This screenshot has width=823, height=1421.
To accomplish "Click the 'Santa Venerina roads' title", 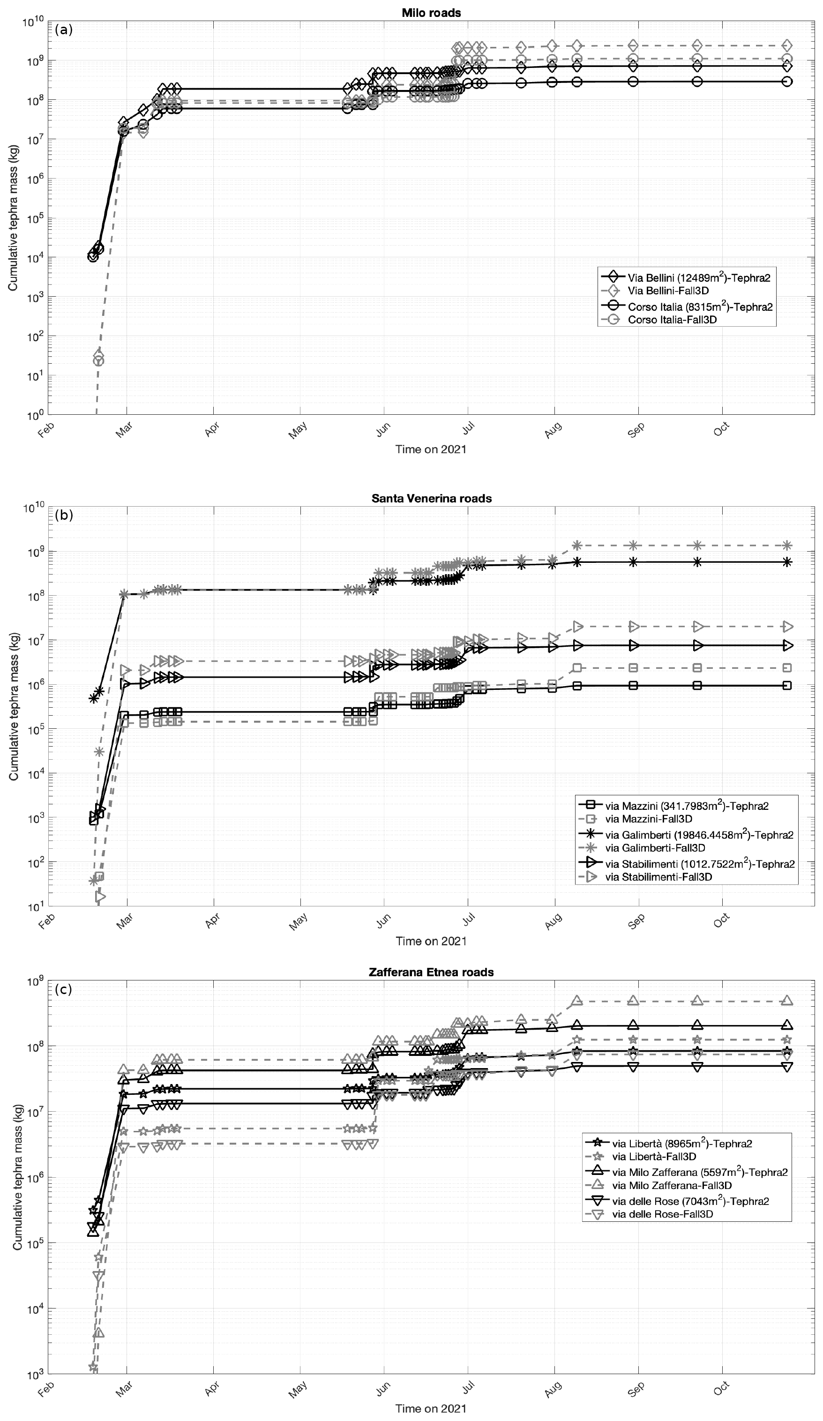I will (431, 498).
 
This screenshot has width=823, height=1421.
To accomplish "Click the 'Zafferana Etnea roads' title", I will (431, 972).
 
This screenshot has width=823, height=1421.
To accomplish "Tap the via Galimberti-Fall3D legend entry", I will (655, 847).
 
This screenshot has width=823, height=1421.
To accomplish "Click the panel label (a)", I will (64, 30).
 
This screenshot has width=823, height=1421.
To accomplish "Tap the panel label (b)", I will (64, 515).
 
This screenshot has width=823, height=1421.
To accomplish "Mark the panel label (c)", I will (64, 989).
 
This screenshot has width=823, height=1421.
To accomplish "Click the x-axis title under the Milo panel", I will (431, 449).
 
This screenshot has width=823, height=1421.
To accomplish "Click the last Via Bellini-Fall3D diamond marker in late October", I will (787, 45).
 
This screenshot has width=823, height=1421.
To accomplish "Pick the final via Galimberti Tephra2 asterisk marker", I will (787, 561).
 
